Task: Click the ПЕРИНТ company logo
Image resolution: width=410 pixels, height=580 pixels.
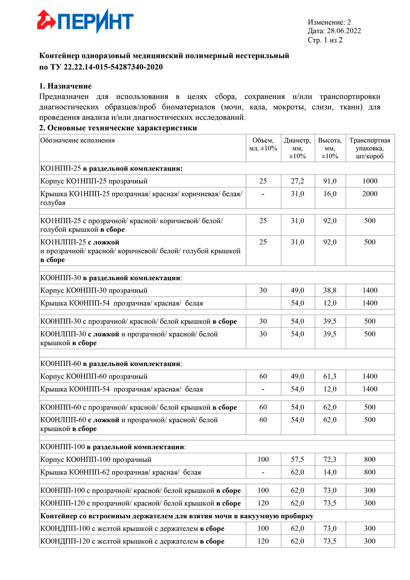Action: (85, 21)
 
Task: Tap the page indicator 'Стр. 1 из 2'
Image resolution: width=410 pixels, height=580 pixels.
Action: (325, 40)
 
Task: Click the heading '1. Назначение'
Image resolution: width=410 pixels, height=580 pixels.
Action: (65, 86)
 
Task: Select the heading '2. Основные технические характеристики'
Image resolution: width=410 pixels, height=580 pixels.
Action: (118, 128)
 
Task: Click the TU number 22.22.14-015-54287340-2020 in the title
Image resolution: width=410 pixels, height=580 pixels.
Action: (113, 67)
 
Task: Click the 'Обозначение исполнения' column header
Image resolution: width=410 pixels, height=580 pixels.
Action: (77, 141)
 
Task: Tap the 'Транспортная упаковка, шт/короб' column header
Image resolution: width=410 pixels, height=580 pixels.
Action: (370, 148)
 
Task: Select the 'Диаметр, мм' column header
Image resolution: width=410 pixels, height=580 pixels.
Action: (297, 148)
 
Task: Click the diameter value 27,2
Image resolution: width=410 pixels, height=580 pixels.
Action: (297, 181)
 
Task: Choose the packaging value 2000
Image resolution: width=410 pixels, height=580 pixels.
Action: (370, 194)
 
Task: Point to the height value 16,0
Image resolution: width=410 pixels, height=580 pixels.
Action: (330, 194)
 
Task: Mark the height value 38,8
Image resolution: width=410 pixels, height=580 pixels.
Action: (330, 290)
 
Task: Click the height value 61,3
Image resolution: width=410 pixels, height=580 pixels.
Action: (330, 377)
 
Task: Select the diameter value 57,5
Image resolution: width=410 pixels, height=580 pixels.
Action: (297, 460)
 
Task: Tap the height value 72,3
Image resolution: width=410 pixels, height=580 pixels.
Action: (330, 460)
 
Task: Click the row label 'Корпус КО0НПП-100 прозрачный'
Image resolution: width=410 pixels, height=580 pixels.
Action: (96, 460)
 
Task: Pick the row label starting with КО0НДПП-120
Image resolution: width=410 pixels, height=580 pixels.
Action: (132, 541)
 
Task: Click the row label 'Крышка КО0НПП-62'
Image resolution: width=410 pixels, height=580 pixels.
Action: (121, 473)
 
